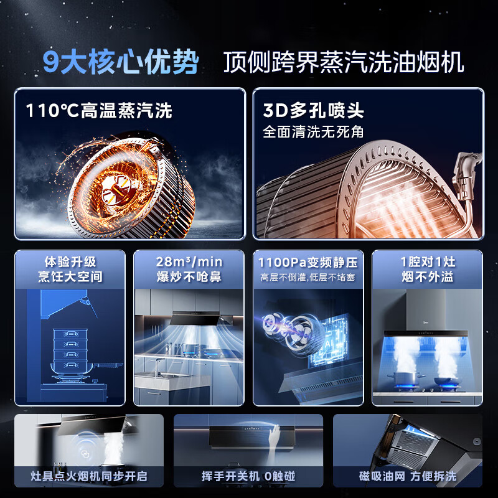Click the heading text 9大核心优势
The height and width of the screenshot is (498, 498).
point(121,62)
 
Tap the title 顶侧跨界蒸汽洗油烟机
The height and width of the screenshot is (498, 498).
point(344,63)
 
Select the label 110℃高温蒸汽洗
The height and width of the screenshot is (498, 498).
point(99,111)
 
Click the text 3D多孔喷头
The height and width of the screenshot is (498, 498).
point(313,111)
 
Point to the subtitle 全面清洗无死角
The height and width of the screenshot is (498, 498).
point(313,132)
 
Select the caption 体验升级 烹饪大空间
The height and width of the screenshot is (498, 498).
point(70,268)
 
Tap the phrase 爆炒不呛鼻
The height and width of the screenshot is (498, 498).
point(189,276)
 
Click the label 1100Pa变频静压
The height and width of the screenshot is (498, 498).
point(308,262)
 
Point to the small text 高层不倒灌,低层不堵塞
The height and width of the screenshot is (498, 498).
point(308,277)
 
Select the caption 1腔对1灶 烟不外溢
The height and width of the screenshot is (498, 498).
point(427,268)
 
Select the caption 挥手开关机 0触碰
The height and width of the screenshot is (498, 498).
point(248,477)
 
